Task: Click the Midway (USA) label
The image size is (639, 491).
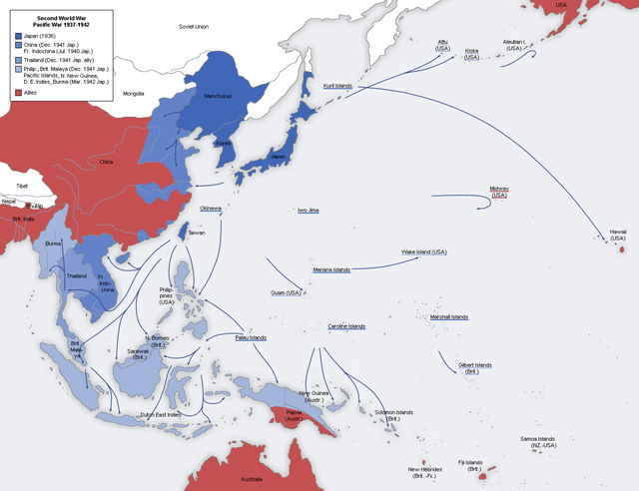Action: [x=498, y=192]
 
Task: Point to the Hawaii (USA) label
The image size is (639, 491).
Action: [x=617, y=235]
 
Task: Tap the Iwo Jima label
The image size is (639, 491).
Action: [x=309, y=211]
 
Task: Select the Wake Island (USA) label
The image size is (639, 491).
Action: [x=423, y=251]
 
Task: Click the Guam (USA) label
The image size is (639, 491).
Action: [x=285, y=292]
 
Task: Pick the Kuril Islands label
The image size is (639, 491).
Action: [x=342, y=86]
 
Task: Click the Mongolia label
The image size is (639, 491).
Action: [x=133, y=93]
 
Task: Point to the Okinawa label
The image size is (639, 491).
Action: [x=211, y=209]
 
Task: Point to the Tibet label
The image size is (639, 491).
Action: [x=20, y=186]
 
